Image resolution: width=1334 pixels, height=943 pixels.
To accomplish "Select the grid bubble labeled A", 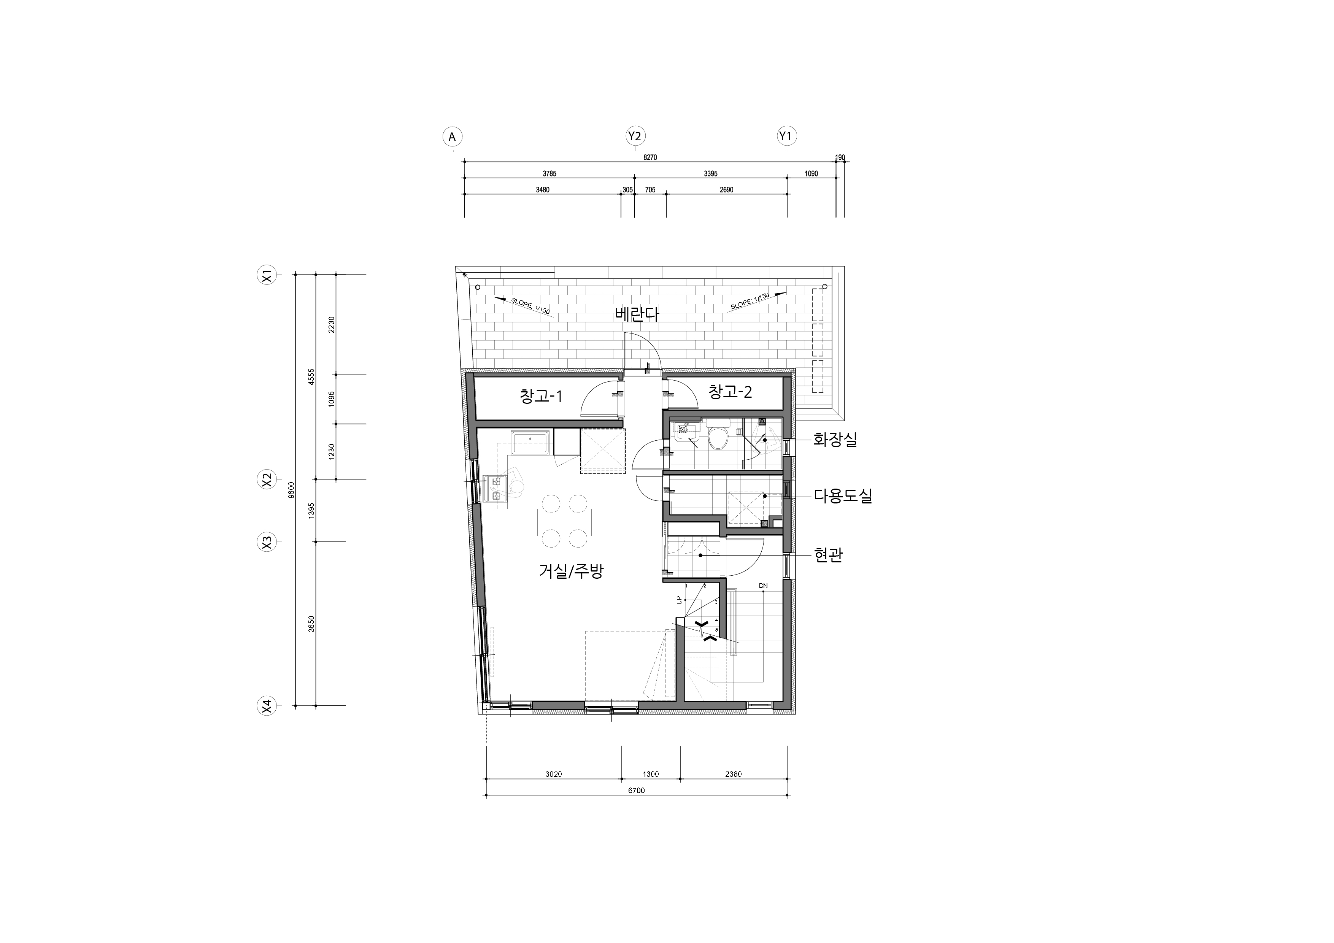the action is click(x=452, y=137).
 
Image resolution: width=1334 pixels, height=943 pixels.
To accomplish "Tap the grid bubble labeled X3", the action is click(x=267, y=542).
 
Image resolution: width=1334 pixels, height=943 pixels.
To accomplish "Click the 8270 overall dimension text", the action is click(x=650, y=157).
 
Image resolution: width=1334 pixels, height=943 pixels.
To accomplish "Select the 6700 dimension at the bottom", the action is click(x=636, y=790).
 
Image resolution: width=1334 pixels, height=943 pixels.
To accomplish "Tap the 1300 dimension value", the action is click(x=651, y=774).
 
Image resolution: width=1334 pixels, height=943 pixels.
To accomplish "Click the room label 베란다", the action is click(x=637, y=315).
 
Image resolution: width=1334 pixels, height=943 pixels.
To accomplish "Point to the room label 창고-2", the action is click(x=731, y=392).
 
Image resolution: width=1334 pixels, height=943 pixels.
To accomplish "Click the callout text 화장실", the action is click(x=835, y=440).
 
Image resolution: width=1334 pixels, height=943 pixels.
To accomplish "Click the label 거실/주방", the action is click(x=572, y=572).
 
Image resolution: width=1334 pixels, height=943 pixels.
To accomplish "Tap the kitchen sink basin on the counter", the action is click(x=123, y=442).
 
